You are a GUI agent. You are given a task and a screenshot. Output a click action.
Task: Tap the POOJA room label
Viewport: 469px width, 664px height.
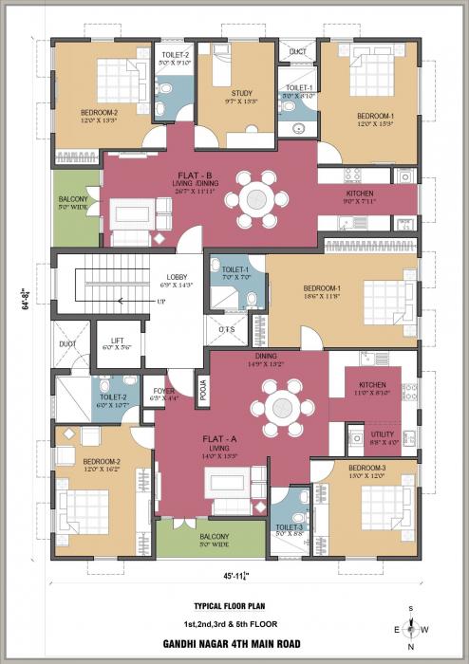tap(203, 390)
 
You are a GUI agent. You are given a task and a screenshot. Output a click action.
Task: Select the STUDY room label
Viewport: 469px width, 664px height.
tap(240, 92)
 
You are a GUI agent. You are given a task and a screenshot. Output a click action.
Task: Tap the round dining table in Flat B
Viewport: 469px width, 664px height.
tap(257, 198)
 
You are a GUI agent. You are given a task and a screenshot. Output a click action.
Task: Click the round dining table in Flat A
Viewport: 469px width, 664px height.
tap(282, 410)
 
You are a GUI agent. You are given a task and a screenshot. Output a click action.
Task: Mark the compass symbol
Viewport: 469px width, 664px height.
tap(411, 627)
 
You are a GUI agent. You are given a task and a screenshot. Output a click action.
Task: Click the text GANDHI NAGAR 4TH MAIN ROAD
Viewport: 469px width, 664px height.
tap(234, 643)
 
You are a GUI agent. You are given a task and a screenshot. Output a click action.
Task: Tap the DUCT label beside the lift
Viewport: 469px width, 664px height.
tap(66, 344)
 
